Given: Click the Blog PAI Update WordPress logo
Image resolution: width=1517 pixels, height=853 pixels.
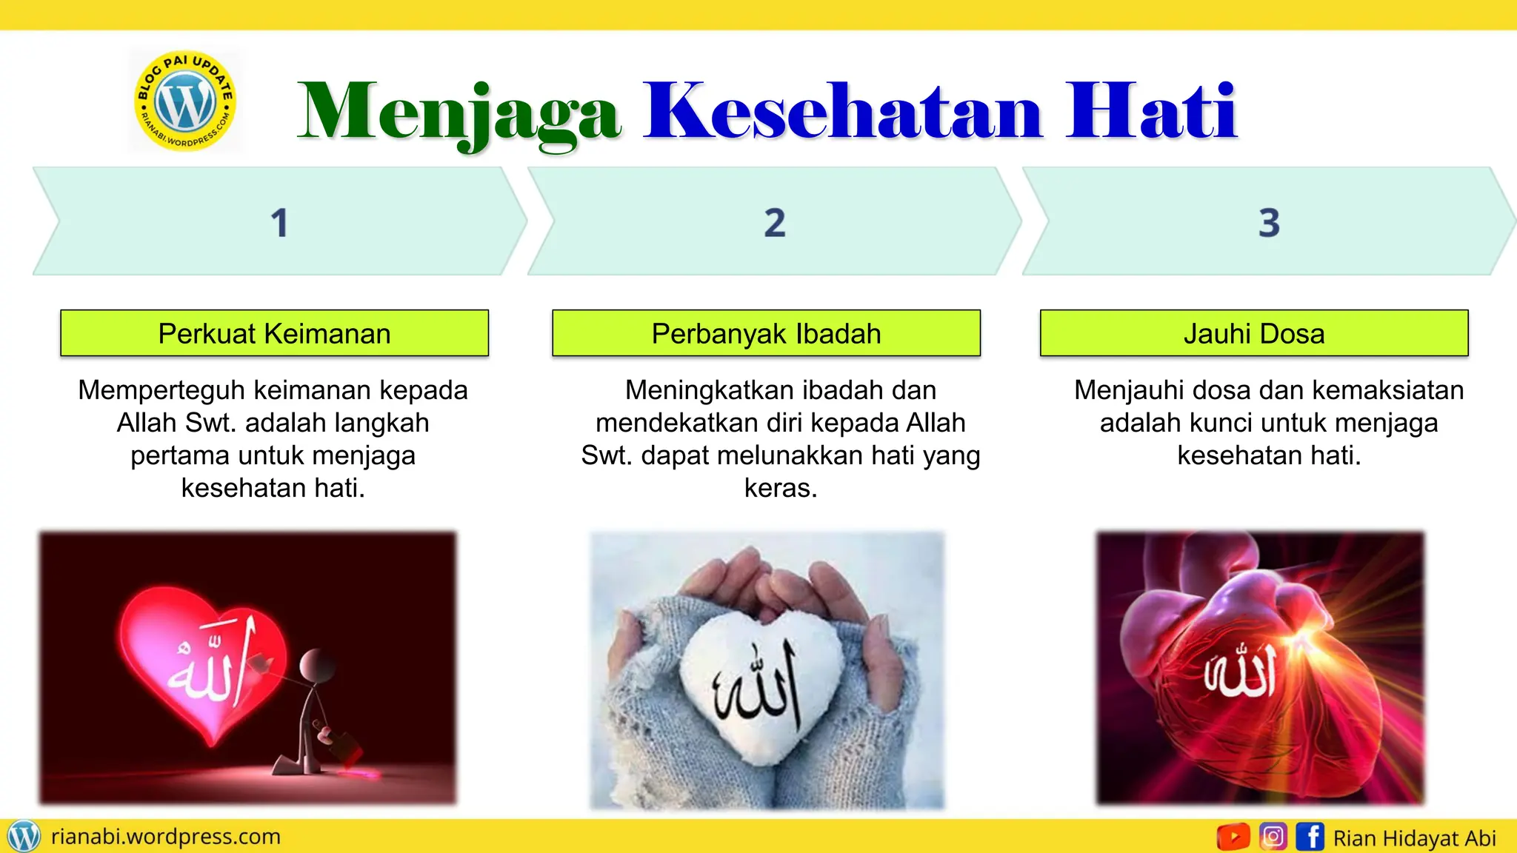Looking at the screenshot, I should point(185,101).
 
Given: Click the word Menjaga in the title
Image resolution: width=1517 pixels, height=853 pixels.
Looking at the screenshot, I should point(459,113).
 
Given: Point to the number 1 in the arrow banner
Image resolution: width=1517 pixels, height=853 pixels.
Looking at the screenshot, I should point(279,223).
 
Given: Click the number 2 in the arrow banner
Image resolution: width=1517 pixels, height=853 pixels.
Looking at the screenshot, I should point(775,223).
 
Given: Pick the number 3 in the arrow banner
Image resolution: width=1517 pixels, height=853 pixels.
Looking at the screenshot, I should point(1269,223).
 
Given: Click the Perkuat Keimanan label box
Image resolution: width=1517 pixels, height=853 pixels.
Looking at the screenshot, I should point(274,333).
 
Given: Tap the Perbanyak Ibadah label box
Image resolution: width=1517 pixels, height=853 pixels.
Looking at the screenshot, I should point(766,333).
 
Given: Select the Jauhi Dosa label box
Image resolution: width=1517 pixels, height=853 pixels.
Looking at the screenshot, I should point(1254,333).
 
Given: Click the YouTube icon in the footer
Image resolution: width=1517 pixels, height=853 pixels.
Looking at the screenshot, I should point(1233,837).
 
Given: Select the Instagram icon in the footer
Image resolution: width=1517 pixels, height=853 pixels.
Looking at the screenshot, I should point(1273,837).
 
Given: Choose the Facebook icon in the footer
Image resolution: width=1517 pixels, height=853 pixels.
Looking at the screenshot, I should point(1310,837).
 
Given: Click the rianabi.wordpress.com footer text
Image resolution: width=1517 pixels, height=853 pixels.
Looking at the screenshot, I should point(166,837).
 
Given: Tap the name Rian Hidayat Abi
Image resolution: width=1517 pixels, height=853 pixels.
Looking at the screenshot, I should point(1415,838).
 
